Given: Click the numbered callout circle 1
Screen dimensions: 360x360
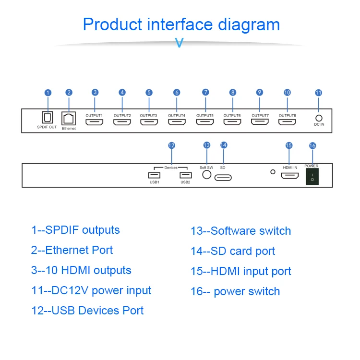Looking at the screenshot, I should tap(48, 93).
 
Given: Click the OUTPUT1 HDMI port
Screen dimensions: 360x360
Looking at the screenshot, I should tap(95, 122).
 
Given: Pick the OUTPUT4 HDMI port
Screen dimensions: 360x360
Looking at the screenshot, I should tap(177, 122).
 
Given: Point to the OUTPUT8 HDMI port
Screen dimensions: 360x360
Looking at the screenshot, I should tap(287, 122).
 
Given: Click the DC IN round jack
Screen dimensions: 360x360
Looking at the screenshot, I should tap(318, 117).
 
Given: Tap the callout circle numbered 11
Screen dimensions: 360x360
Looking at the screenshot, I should tap(318, 93).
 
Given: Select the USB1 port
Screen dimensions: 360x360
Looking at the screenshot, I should tap(154, 175).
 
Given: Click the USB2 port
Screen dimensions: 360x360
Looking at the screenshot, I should tap(185, 175).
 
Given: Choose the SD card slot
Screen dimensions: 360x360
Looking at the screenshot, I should tap(223, 178).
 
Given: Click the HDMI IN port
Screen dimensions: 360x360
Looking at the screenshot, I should tap(289, 176).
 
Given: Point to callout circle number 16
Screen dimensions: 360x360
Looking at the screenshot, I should tap(312, 145).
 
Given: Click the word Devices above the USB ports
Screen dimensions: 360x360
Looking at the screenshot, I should tap(171, 168).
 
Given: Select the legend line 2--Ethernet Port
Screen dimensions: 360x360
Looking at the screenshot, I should tap(72, 250).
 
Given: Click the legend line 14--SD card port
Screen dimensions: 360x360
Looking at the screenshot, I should tap(233, 251).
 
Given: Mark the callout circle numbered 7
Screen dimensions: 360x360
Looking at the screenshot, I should tap(205, 92).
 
